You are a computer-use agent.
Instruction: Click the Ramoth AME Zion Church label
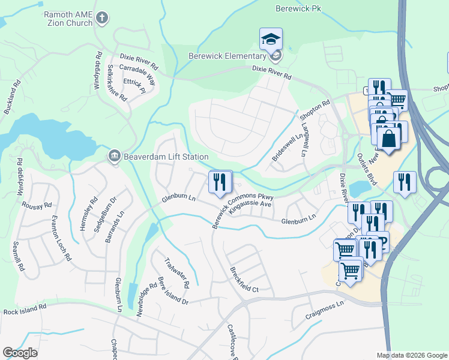(x=68, y=18)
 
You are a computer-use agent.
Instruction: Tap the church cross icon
(x=102, y=18)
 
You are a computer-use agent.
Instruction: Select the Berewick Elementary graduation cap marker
(x=271, y=40)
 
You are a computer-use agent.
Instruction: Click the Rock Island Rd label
(x=25, y=310)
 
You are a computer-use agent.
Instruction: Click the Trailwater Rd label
(x=178, y=272)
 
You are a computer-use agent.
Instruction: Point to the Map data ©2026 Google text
(x=412, y=355)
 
